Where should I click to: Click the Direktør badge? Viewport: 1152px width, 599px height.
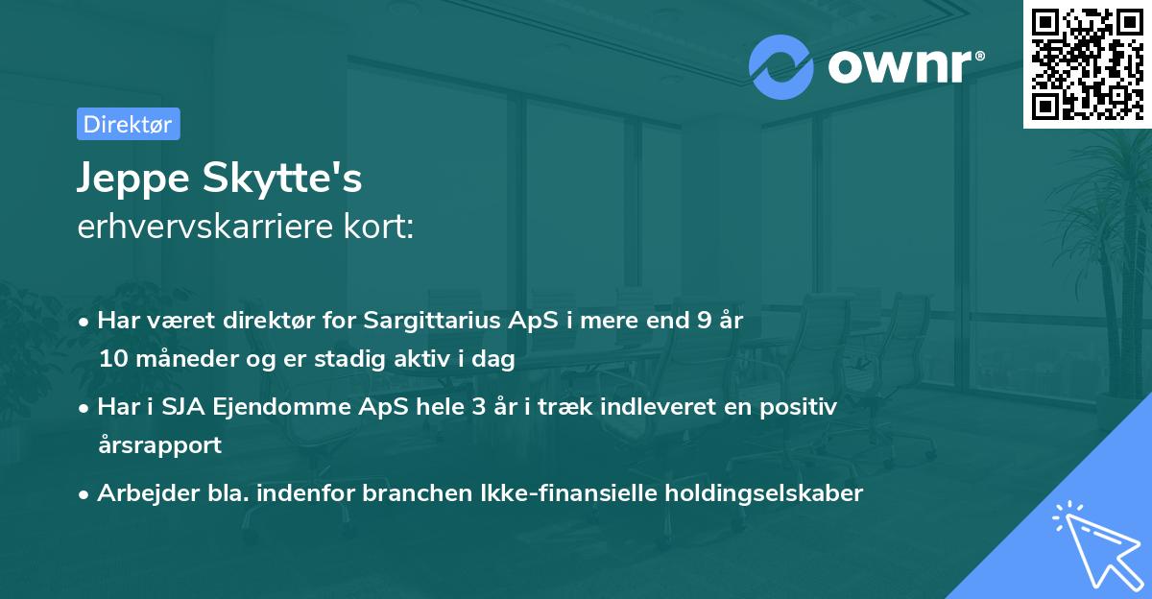[x=128, y=124]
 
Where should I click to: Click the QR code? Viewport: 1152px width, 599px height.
[x=1088, y=63]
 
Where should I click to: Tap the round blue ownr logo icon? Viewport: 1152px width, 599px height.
[x=781, y=65]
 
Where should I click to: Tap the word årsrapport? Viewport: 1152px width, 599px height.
[x=159, y=445]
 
